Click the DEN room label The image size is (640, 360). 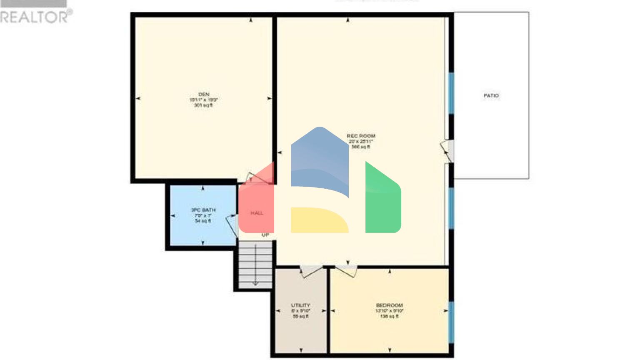pos(204,95)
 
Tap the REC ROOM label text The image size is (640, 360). pos(361,136)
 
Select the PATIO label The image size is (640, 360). pos(491,96)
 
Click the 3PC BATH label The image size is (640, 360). pos(203,210)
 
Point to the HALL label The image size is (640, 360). pos(257,213)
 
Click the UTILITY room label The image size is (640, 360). pos(300,305)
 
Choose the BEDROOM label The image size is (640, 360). pos(389,305)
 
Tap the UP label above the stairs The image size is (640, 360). pos(265,235)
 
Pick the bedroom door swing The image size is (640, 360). pos(346,270)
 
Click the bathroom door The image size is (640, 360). pos(232,225)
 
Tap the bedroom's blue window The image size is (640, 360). pos(451,322)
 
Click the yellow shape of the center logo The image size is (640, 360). pos(318,220)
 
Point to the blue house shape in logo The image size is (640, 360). pos(319,160)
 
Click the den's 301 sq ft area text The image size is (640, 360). pos(203,105)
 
